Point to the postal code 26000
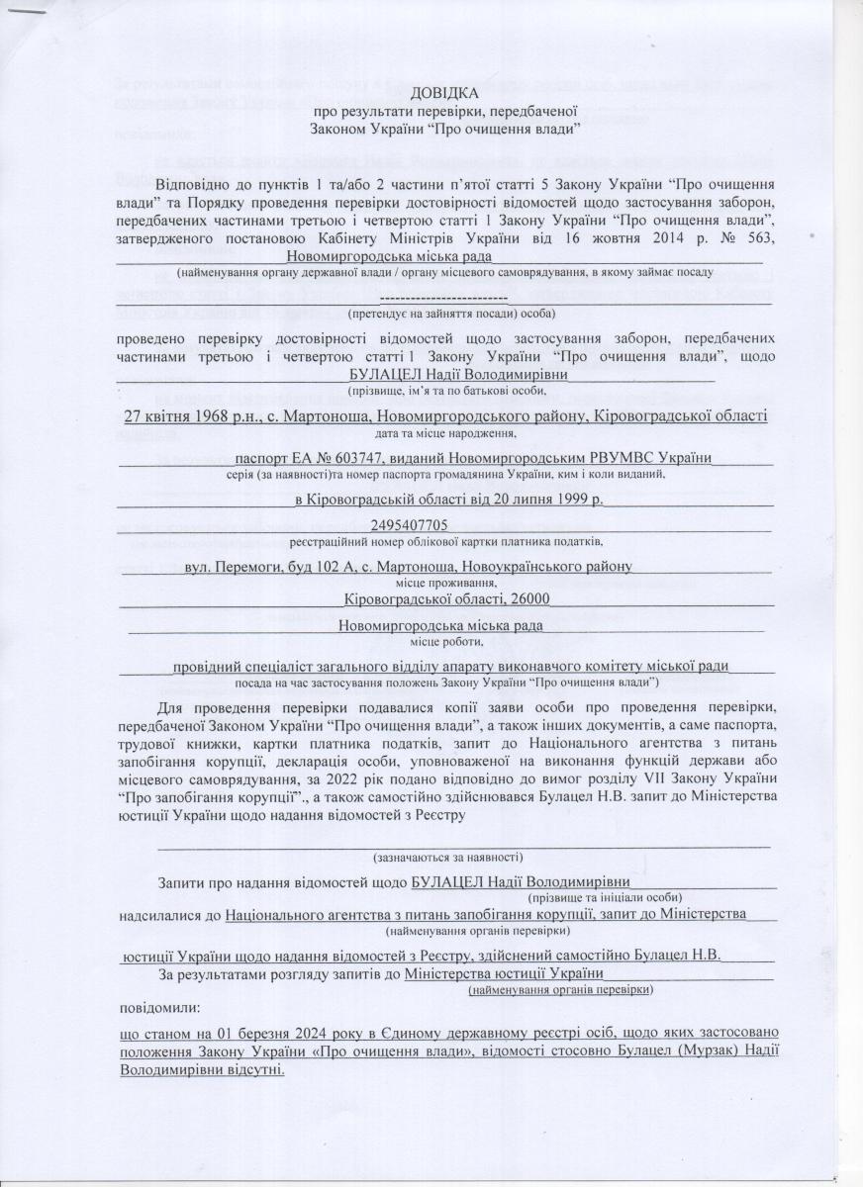pyautogui.click(x=529, y=598)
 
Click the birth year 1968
pyautogui.click(x=232, y=416)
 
